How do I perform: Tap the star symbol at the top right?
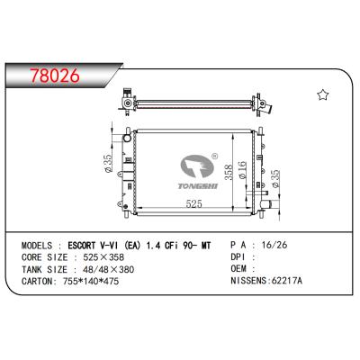[x=321, y=94]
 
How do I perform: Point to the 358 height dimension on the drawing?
[x=229, y=171]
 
